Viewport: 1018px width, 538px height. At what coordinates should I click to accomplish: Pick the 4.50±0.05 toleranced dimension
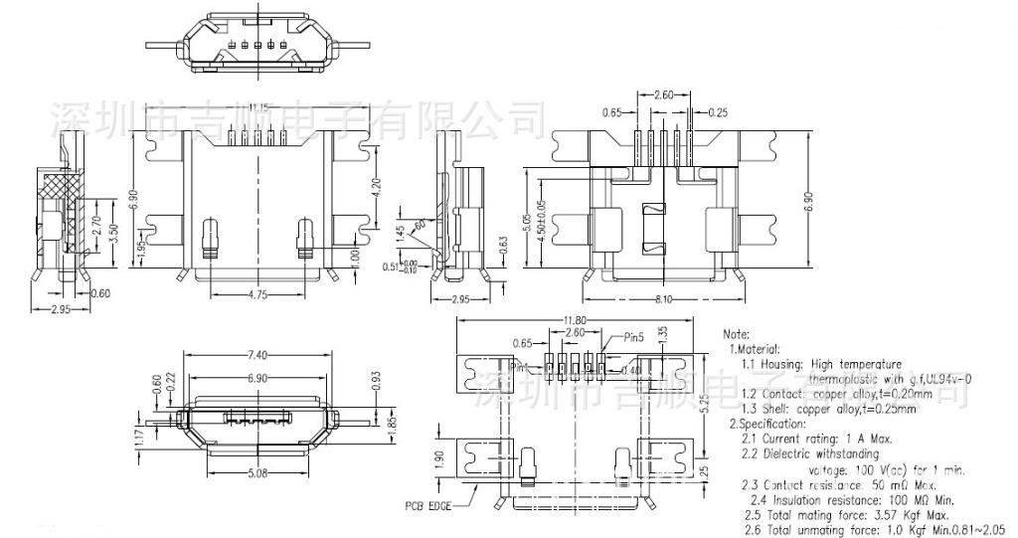pos(540,220)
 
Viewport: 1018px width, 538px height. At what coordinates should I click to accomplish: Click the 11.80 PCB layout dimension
pos(573,321)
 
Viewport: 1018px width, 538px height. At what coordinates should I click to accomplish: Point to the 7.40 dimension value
pos(256,354)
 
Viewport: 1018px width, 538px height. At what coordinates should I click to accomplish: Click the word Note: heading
pos(737,334)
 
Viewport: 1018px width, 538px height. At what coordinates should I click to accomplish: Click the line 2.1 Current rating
pos(816,438)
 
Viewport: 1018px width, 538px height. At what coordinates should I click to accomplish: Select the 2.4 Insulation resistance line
pos(851,499)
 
